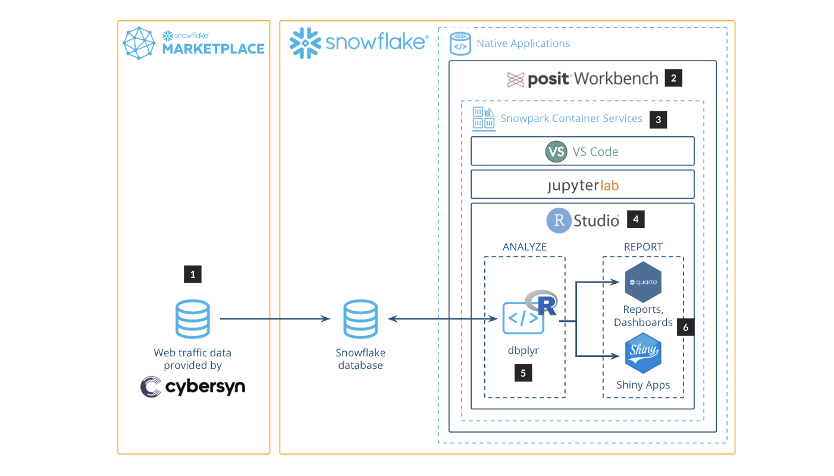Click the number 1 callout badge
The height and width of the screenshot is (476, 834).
[193, 274]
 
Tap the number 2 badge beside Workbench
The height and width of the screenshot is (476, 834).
[673, 78]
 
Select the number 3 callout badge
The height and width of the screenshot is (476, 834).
[658, 120]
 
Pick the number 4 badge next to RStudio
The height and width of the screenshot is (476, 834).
[636, 219]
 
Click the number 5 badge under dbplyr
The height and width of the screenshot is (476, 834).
[523, 373]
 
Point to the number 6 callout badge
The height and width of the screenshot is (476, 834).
[686, 327]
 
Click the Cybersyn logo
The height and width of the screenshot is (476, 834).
[193, 387]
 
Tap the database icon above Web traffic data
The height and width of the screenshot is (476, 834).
[193, 319]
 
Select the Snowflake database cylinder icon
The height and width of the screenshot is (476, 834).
[360, 319]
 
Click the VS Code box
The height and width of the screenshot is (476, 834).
[582, 151]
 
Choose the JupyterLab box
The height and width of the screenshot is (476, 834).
[582, 185]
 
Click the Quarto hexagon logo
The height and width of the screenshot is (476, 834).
[643, 282]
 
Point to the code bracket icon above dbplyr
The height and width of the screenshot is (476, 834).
[523, 318]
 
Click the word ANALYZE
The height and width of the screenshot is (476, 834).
[524, 246]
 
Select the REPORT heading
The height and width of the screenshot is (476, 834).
[643, 246]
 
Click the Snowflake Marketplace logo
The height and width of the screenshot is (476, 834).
[194, 43]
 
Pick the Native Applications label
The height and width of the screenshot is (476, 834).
[523, 43]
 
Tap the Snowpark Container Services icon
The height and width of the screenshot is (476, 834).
[483, 119]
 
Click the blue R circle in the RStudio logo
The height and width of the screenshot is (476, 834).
[559, 221]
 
